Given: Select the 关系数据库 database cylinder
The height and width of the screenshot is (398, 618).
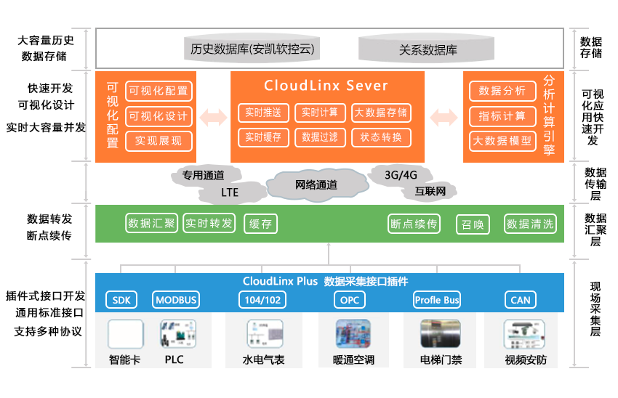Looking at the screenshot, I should [x=428, y=49].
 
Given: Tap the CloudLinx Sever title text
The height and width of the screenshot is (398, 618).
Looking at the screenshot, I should [x=326, y=86].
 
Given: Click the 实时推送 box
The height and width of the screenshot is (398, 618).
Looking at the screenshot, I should [x=263, y=113].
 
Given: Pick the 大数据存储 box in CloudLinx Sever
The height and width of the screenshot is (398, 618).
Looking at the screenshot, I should [x=381, y=113].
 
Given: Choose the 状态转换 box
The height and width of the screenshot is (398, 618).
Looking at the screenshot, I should [x=381, y=137].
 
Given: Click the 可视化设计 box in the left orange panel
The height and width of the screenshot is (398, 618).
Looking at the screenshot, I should [x=158, y=115].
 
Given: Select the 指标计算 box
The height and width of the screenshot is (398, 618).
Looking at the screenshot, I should [x=502, y=115].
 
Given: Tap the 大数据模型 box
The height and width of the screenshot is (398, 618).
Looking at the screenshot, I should [x=502, y=140].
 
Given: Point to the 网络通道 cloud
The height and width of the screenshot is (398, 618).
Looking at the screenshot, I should [x=316, y=184].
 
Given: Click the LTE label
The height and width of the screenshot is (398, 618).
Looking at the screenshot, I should [x=230, y=192].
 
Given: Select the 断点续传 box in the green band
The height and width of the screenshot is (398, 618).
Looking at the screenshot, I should [x=414, y=224].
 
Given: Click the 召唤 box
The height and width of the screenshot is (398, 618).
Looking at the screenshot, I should [x=473, y=224].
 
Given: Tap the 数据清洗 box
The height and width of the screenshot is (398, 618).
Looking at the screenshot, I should [x=530, y=224].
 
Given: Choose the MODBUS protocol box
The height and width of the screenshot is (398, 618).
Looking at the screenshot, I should [x=176, y=300].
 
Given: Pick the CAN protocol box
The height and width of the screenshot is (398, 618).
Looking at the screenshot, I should [x=521, y=300].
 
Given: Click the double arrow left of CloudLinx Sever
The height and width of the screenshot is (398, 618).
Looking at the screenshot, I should [x=213, y=118].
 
